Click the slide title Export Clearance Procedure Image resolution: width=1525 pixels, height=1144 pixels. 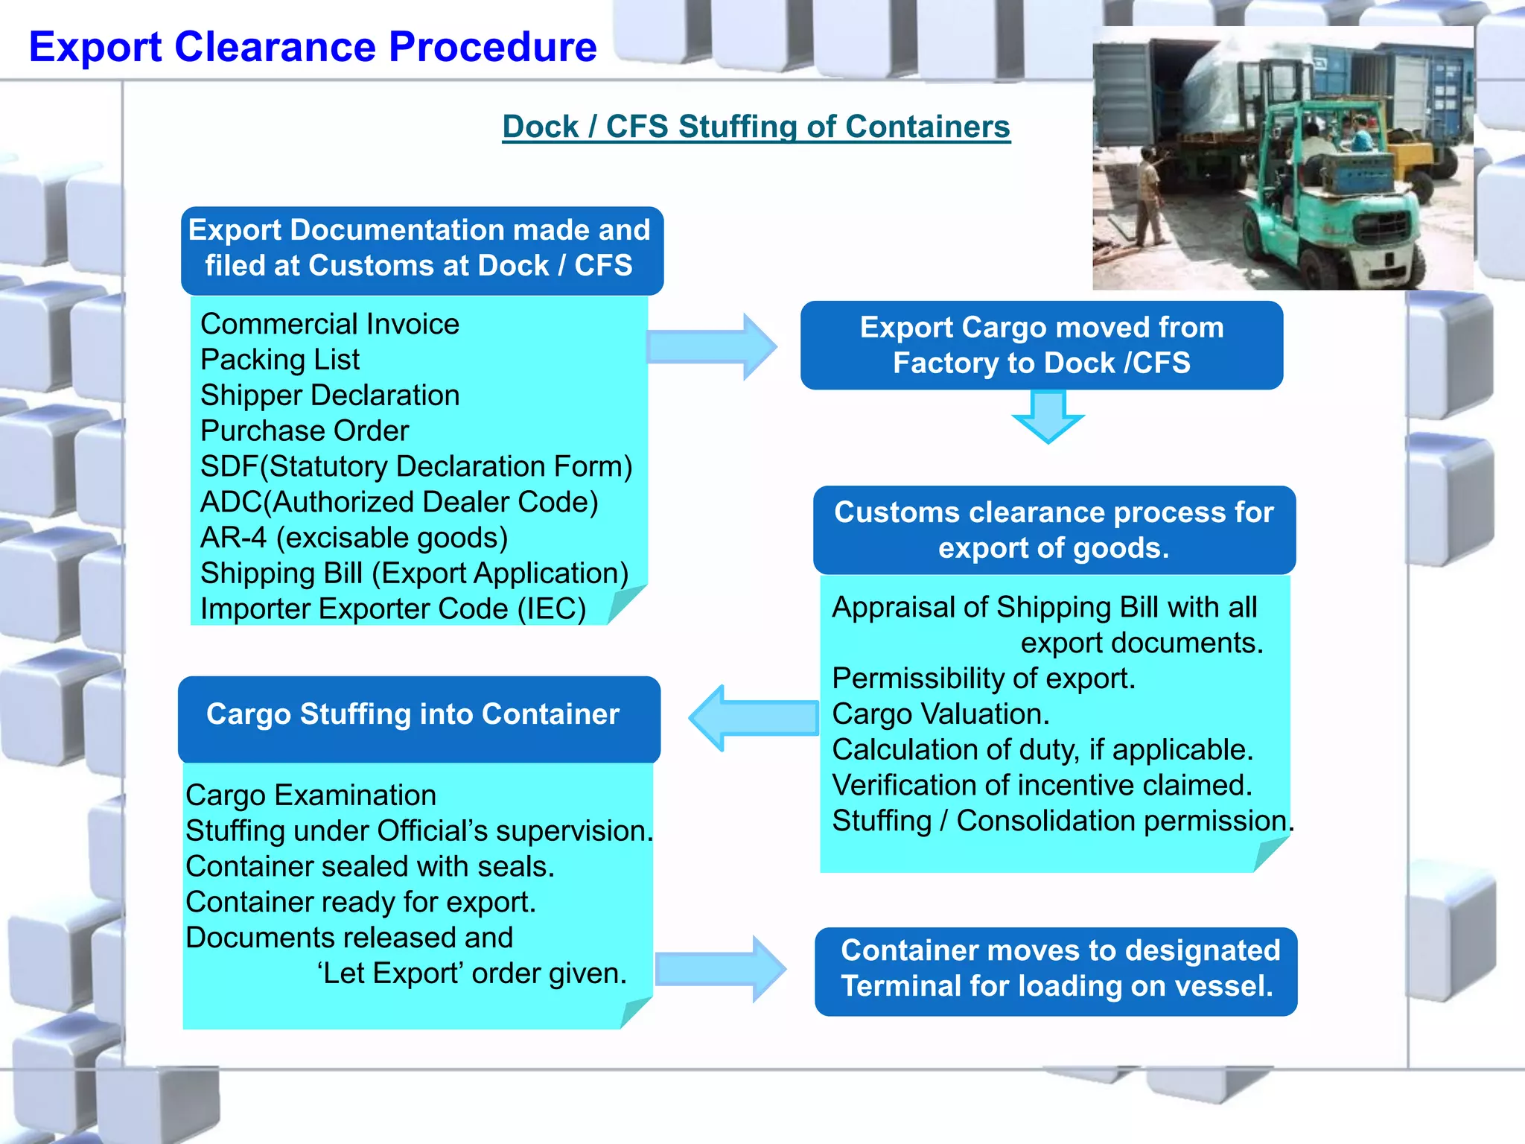pos(313,47)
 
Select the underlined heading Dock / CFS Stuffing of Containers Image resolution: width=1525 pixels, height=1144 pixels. pos(756,127)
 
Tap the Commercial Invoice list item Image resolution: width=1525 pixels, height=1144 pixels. pos(330,324)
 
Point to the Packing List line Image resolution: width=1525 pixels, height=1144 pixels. pos(280,360)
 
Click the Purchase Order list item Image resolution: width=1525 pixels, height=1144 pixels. pos(305,431)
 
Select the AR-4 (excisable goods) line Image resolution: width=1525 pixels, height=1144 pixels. pos(354,538)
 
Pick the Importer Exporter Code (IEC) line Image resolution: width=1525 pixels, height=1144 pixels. pos(393,609)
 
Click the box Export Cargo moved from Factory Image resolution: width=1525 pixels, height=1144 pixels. pos(1041,346)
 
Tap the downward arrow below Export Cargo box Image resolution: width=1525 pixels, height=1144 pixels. pos(1048,417)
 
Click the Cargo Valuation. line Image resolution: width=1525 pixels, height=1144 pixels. pos(940,714)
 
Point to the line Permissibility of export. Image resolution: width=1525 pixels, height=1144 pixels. pos(983,679)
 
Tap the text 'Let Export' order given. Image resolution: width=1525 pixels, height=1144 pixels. pos(472,973)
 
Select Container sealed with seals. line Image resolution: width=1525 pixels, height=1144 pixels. pos(370,867)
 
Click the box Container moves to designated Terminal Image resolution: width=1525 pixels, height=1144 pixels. pos(1056,969)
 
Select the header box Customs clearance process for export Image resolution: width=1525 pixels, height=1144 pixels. pos(1054,530)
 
